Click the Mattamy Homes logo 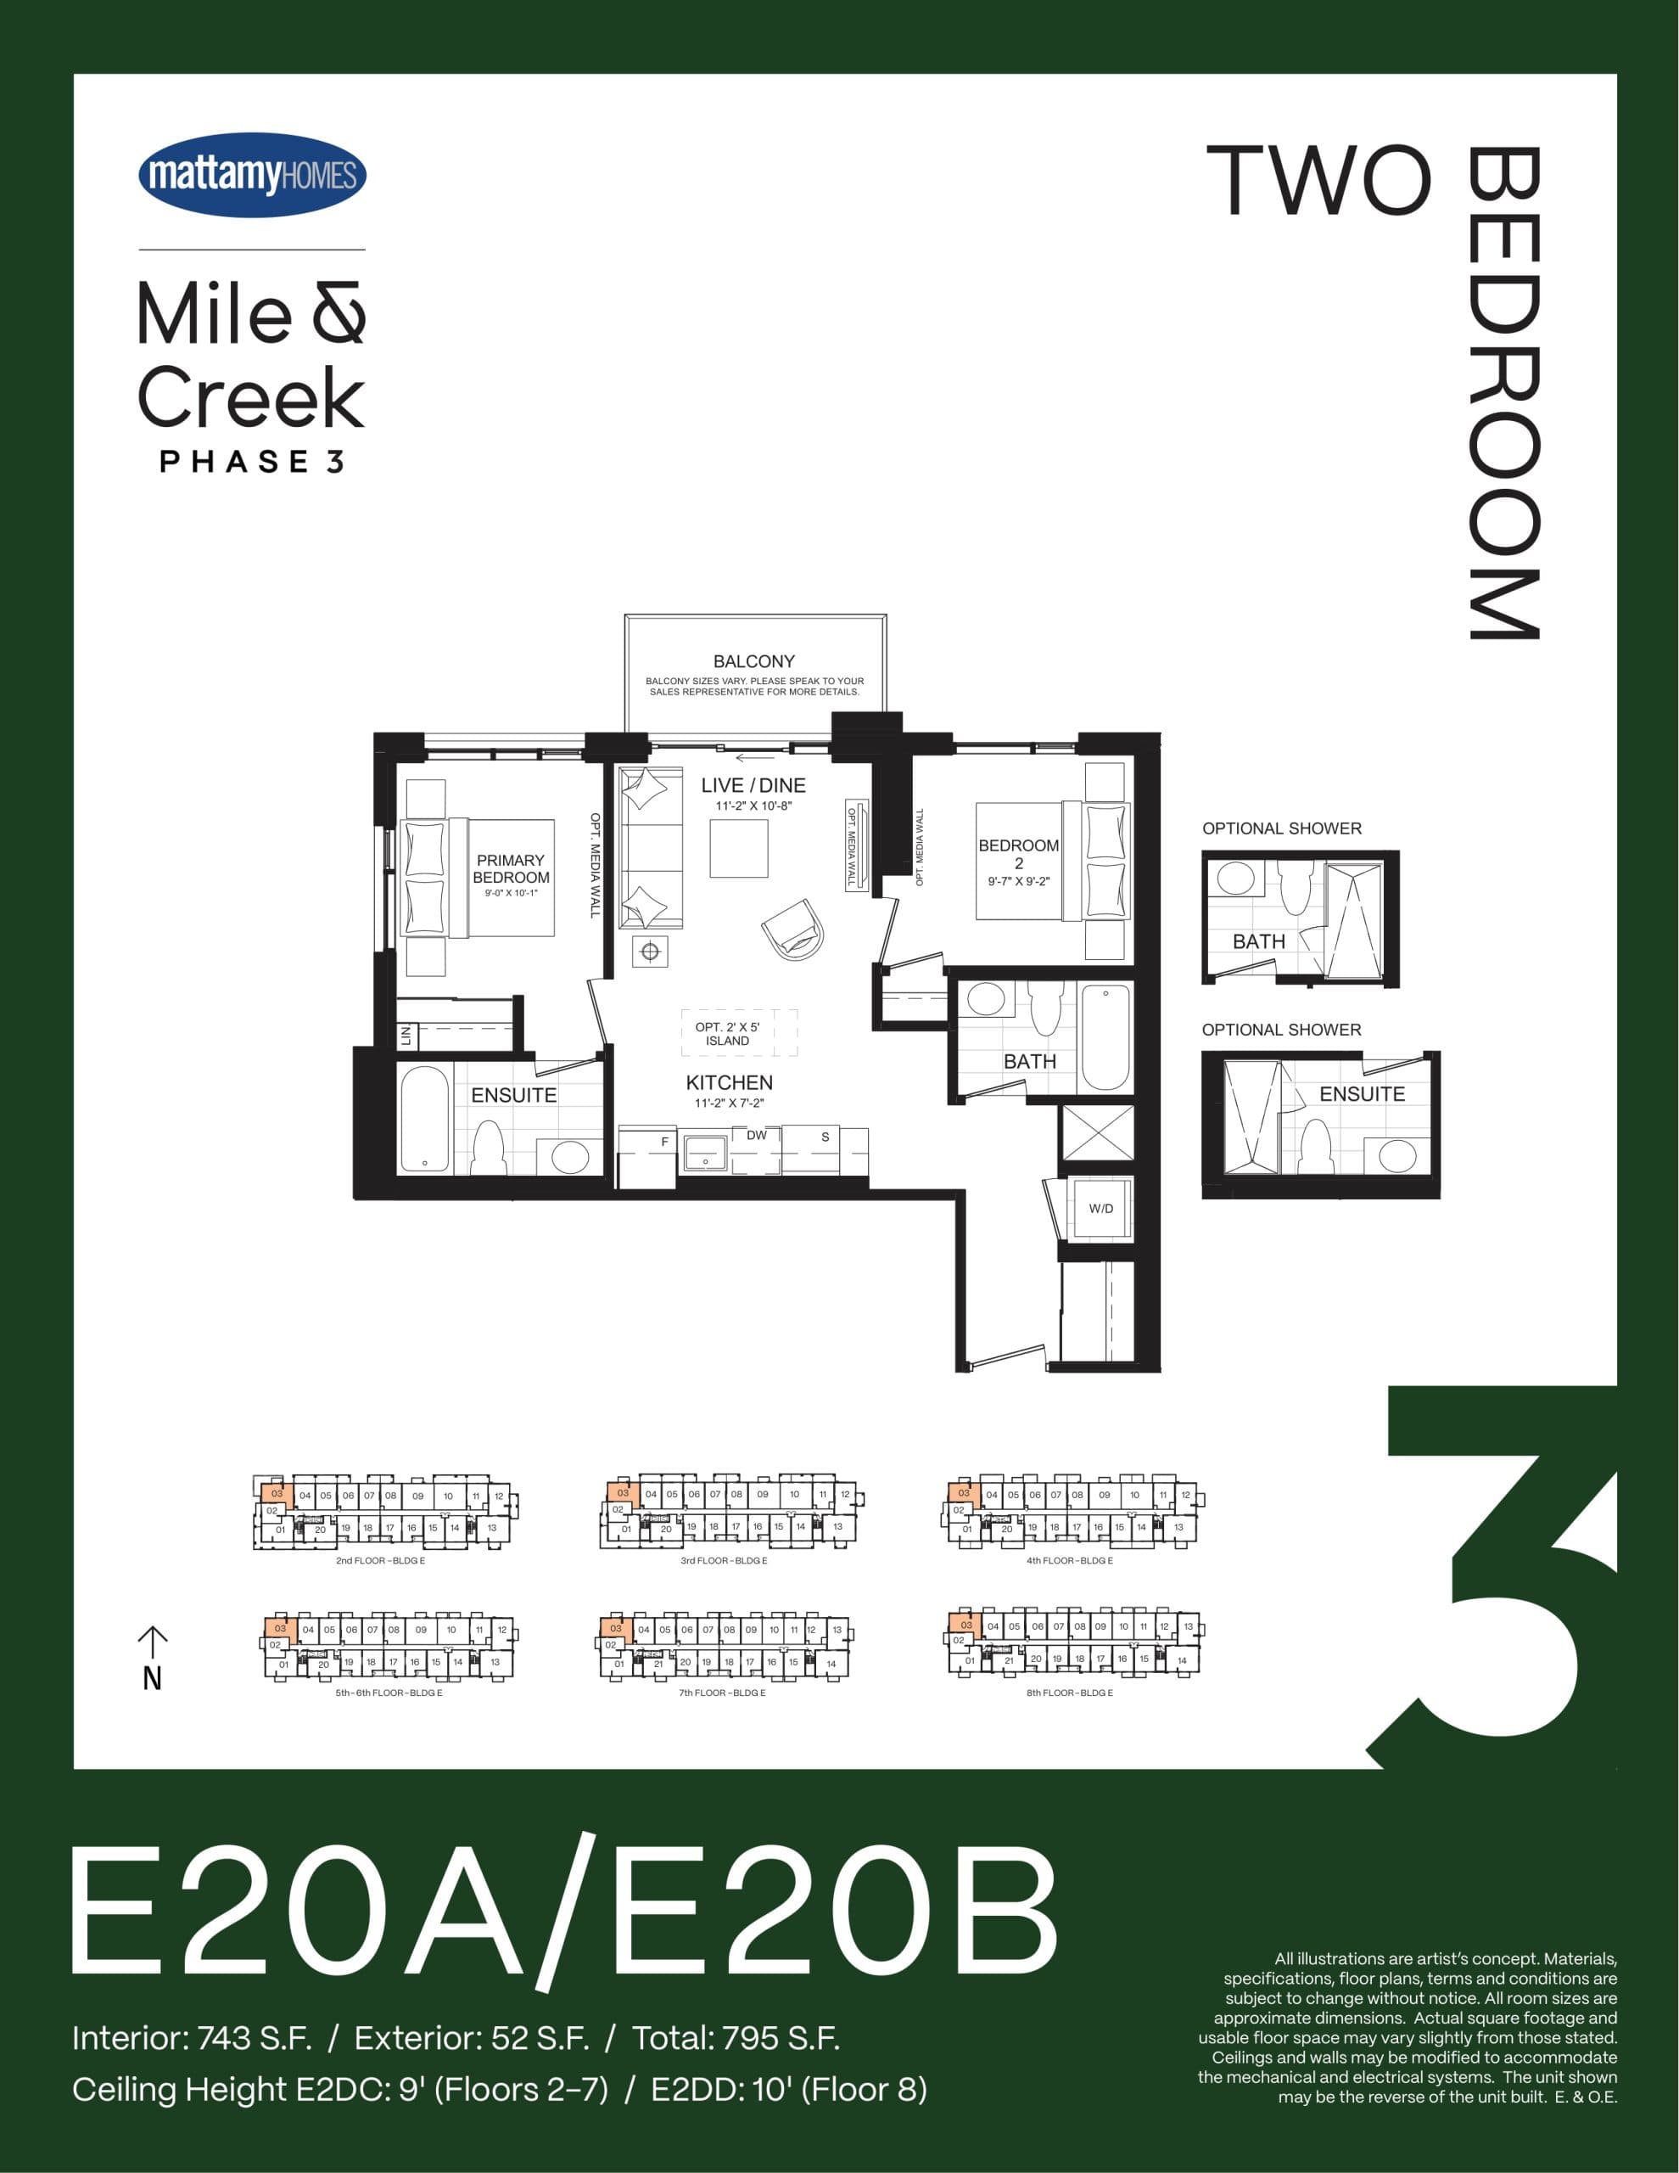click(252, 175)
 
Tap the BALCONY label click(754, 661)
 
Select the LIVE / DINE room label click(753, 785)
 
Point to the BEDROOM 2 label click(1019, 854)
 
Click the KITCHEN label click(729, 1082)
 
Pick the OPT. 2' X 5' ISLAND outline click(738, 1033)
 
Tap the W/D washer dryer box click(1100, 1209)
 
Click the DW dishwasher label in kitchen click(756, 1135)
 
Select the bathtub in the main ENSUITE click(425, 1120)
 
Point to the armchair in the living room click(795, 929)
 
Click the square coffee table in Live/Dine click(738, 848)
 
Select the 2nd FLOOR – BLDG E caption click(380, 1561)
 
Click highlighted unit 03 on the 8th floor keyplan click(965, 1625)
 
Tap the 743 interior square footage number click(224, 2039)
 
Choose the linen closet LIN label click(406, 1035)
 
